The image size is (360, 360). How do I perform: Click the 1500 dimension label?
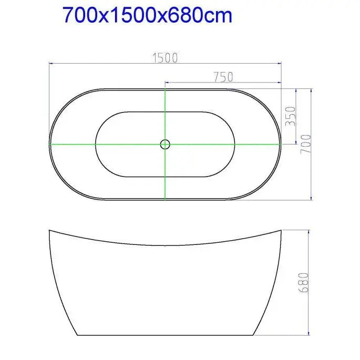(165, 57)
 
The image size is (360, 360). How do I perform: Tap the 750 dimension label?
(223, 77)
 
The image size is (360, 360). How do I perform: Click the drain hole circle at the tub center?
(165, 143)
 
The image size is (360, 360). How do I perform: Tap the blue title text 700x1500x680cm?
(147, 16)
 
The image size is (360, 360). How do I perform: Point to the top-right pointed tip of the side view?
(281, 230)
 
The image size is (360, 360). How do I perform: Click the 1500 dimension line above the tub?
(105, 63)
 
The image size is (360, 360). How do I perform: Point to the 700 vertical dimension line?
(313, 173)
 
